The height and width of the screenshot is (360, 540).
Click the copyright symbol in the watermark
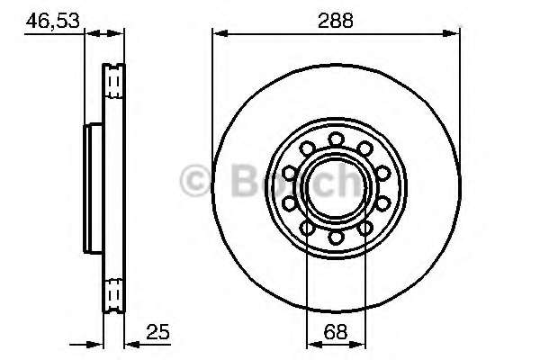[x=195, y=182]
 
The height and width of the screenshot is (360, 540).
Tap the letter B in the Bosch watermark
[x=231, y=182]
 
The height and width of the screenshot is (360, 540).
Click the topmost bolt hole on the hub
[x=336, y=139]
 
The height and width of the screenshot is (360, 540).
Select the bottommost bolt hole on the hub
[x=336, y=237]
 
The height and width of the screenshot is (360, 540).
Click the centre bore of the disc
[x=336, y=187]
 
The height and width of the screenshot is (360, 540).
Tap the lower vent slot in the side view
[x=113, y=293]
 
